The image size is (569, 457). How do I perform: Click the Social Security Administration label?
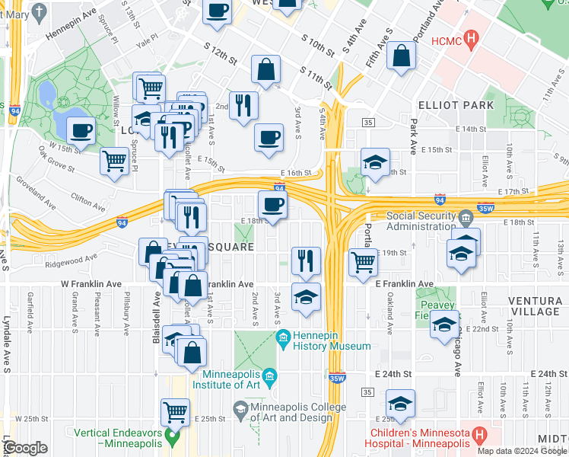click(423, 221)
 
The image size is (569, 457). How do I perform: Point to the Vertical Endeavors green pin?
click(173, 437)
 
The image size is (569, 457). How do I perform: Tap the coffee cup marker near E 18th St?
click(273, 204)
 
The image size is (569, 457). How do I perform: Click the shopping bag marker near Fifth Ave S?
click(401, 55)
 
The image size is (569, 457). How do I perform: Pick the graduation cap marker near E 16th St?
click(375, 161)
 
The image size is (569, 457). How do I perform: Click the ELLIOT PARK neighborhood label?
click(456, 105)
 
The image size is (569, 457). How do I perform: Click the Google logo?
click(25, 448)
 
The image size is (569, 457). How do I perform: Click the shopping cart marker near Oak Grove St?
click(114, 160)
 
